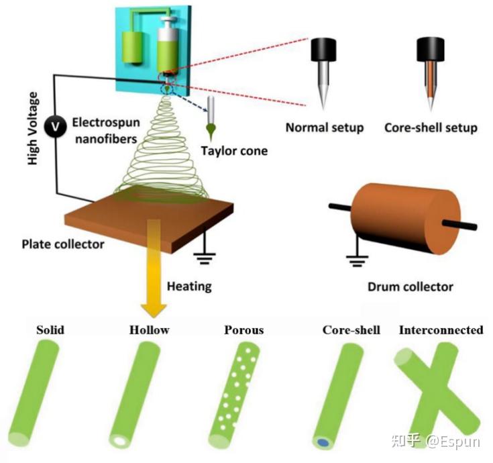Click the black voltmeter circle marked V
[x=55, y=126]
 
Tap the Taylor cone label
[x=234, y=151]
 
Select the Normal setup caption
[x=325, y=127]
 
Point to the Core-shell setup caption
[x=431, y=127]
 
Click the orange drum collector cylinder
[x=406, y=218]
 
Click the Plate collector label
[x=63, y=244]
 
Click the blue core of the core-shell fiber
[x=323, y=443]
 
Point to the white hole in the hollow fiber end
[x=119, y=441]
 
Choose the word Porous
[x=244, y=330]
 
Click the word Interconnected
[x=441, y=330]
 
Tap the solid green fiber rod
[x=34, y=393]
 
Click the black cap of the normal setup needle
[x=323, y=50]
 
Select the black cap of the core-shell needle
[x=431, y=50]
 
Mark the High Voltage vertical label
[x=33, y=128]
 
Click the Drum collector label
[x=410, y=287]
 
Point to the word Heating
[x=189, y=287]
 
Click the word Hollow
[x=150, y=330]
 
